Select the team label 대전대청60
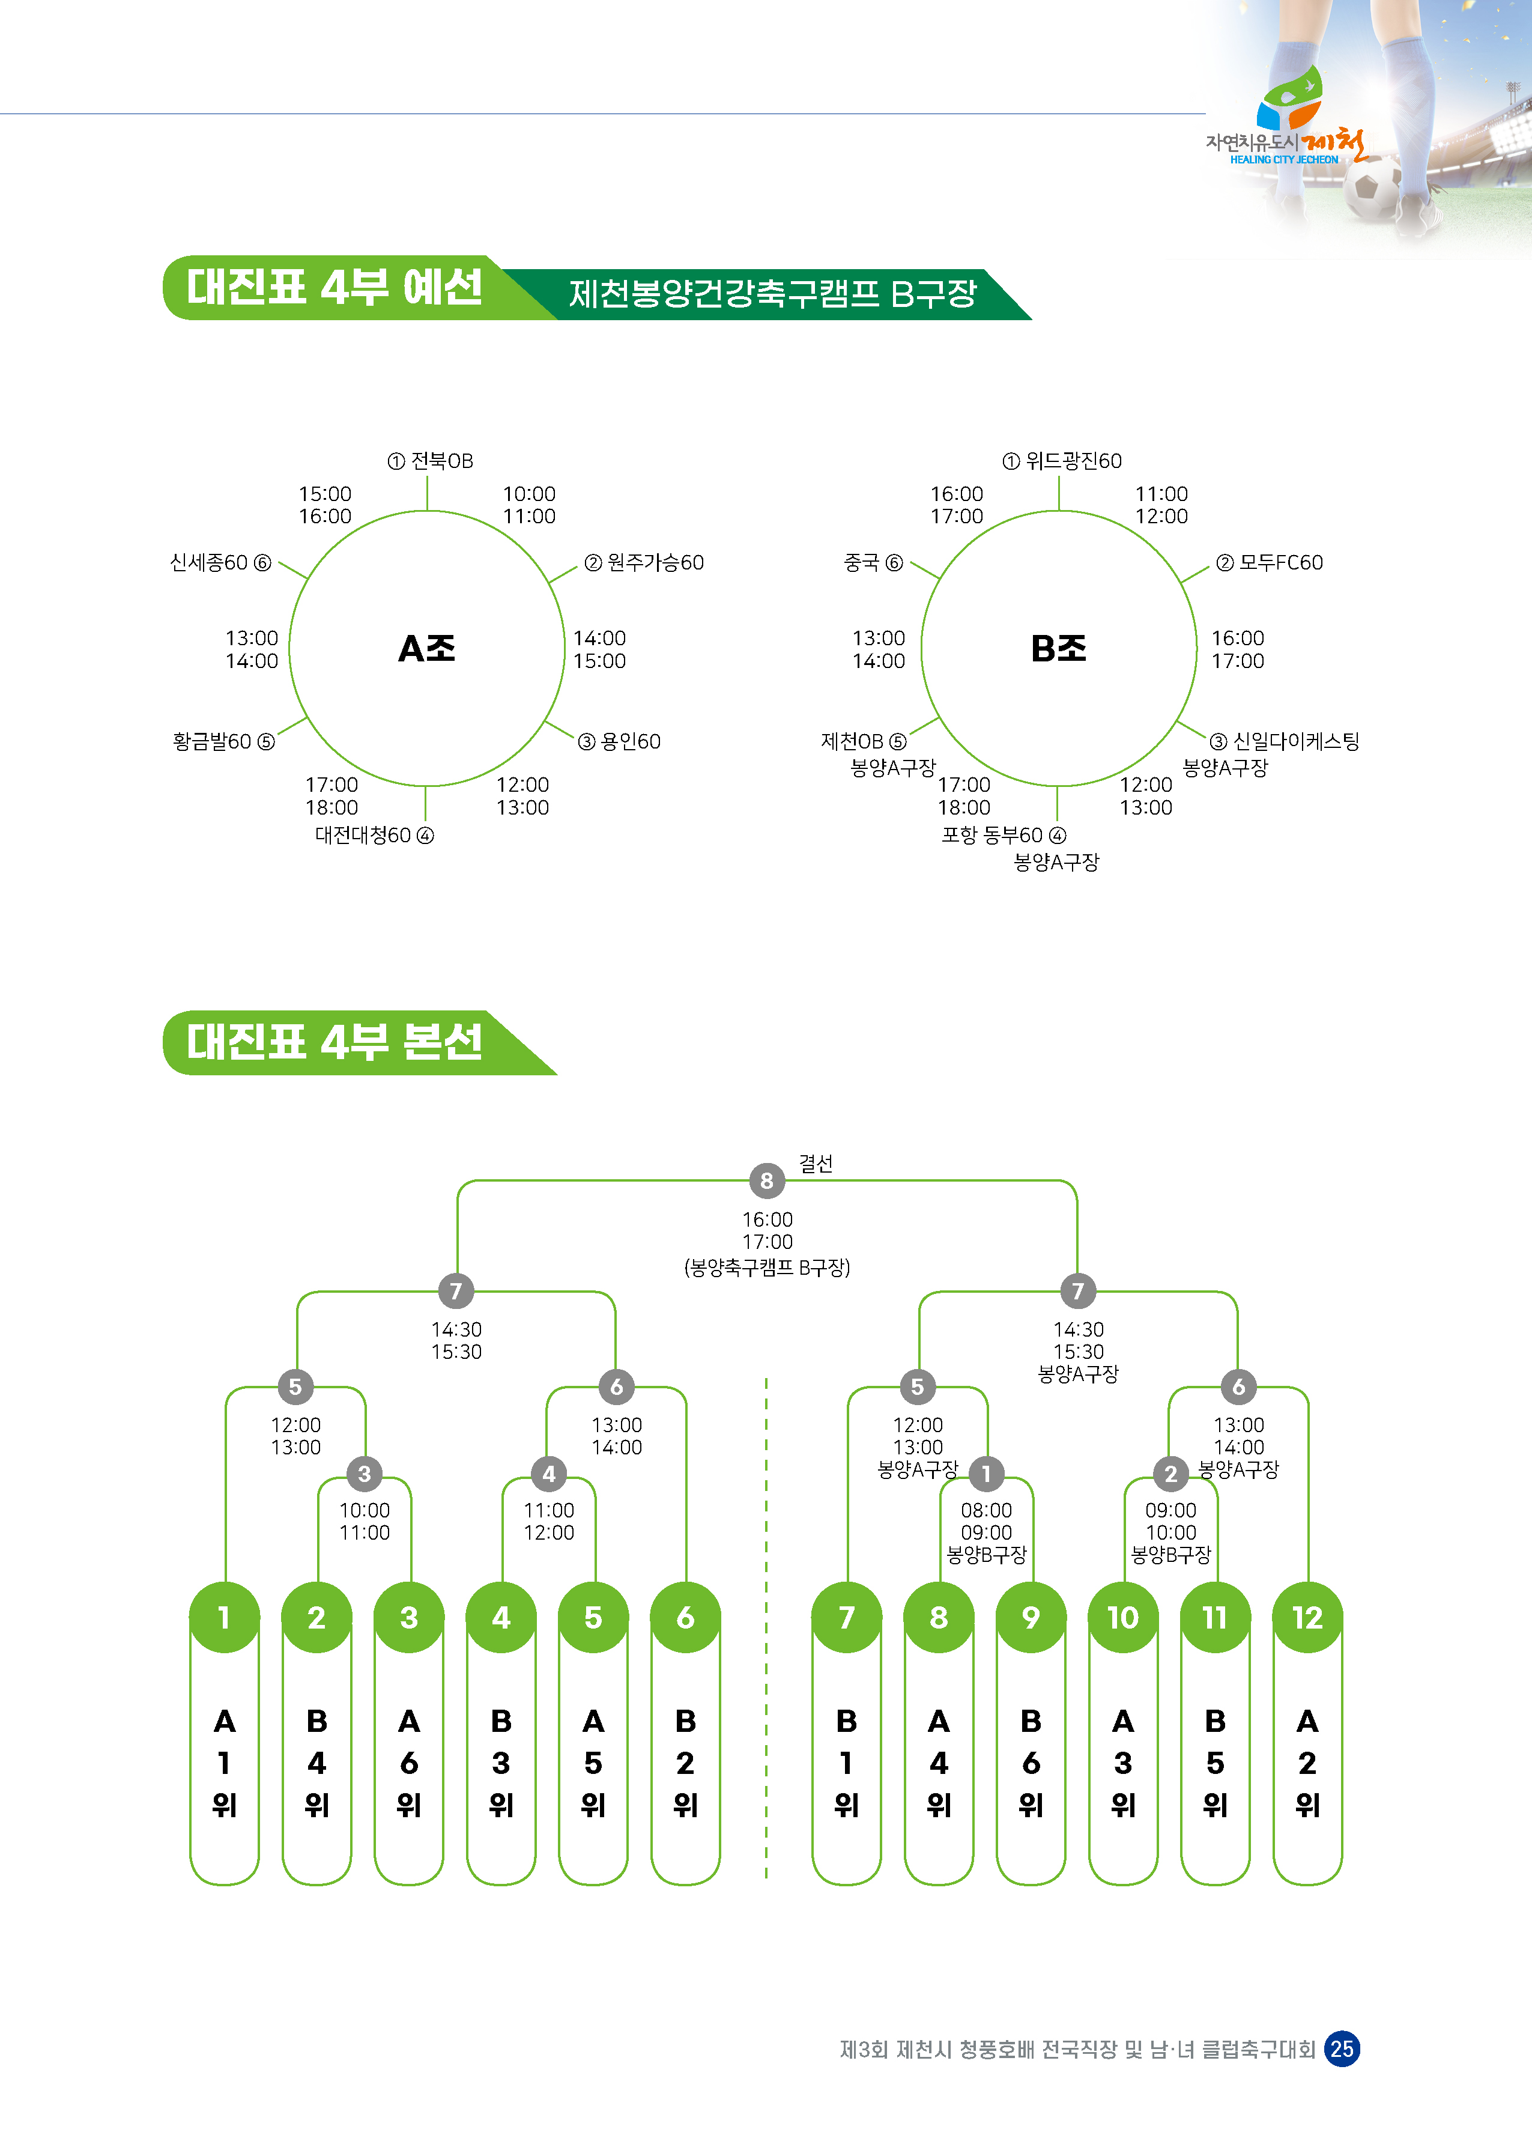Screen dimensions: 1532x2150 click(x=363, y=836)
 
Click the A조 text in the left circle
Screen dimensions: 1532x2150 click(x=426, y=649)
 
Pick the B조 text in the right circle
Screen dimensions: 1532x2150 click(x=1058, y=649)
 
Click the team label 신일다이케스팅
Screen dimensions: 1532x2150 click(x=1296, y=741)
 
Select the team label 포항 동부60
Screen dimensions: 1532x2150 click(x=992, y=836)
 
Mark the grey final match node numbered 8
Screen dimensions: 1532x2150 click(x=767, y=1180)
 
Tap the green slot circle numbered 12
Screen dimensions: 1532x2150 click(x=1307, y=1618)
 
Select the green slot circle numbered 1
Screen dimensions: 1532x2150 click(x=225, y=1618)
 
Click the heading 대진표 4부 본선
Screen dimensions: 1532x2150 click(x=335, y=1042)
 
